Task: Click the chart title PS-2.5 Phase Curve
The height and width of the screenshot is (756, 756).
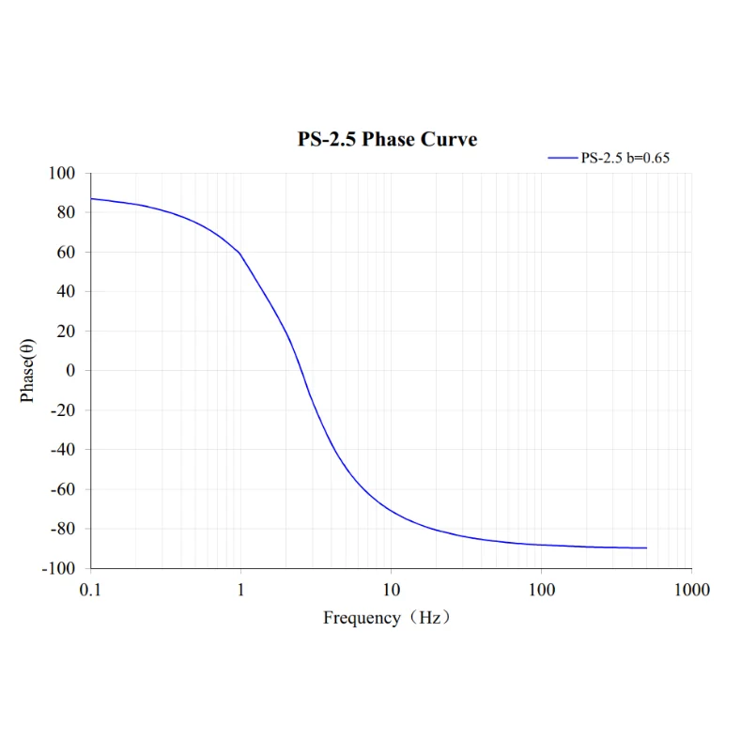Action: (x=387, y=140)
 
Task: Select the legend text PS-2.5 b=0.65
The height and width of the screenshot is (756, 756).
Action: (x=625, y=158)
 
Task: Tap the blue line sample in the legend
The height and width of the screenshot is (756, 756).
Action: (x=563, y=159)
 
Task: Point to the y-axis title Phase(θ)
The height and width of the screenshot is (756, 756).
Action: (x=28, y=370)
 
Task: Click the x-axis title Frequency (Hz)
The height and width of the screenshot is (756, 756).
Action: (x=387, y=618)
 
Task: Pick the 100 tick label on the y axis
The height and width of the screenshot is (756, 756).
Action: (x=61, y=174)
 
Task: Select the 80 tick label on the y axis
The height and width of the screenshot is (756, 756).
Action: (x=66, y=213)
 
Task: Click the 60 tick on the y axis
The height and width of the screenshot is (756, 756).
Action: (x=66, y=253)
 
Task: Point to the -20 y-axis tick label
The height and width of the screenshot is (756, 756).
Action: (x=62, y=410)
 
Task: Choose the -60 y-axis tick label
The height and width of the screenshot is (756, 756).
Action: (x=62, y=489)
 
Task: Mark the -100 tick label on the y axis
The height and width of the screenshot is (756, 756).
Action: (x=58, y=568)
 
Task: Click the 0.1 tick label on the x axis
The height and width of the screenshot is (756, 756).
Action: (x=91, y=590)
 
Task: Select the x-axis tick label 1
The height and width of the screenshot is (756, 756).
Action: (x=241, y=590)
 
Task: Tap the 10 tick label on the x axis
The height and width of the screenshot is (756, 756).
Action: (x=392, y=590)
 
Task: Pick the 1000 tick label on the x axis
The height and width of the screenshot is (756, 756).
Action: (x=691, y=590)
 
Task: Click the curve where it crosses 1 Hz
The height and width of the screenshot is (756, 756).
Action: (x=241, y=254)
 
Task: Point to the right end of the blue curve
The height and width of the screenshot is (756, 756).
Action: (x=646, y=548)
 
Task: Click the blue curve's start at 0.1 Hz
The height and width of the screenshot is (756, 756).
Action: (x=92, y=199)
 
